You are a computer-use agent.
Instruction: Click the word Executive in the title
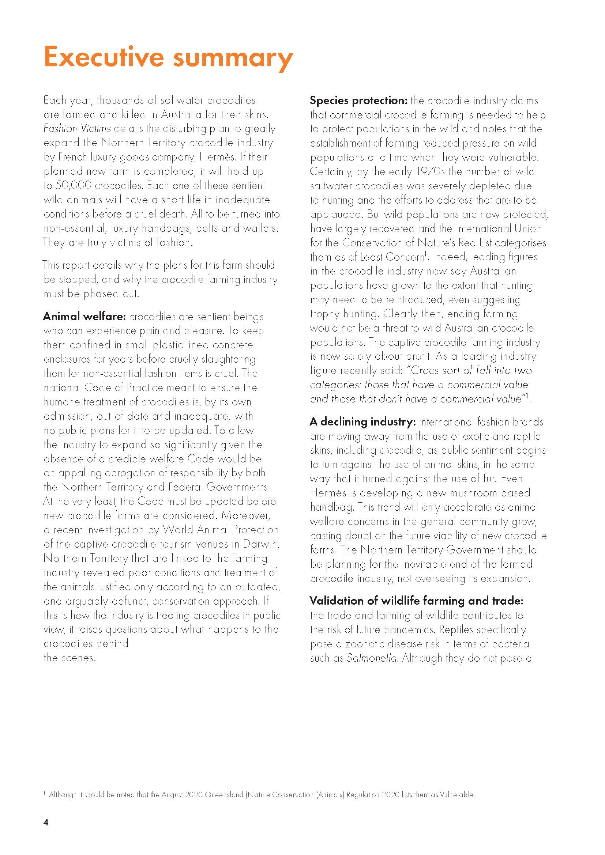[104, 57]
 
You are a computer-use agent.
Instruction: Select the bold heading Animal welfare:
[84, 317]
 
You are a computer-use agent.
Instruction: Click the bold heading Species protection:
[359, 101]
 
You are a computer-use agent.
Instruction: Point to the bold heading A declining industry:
[362, 421]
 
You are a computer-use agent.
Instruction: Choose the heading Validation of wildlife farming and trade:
[417, 601]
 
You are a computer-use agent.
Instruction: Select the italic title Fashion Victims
[77, 128]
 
